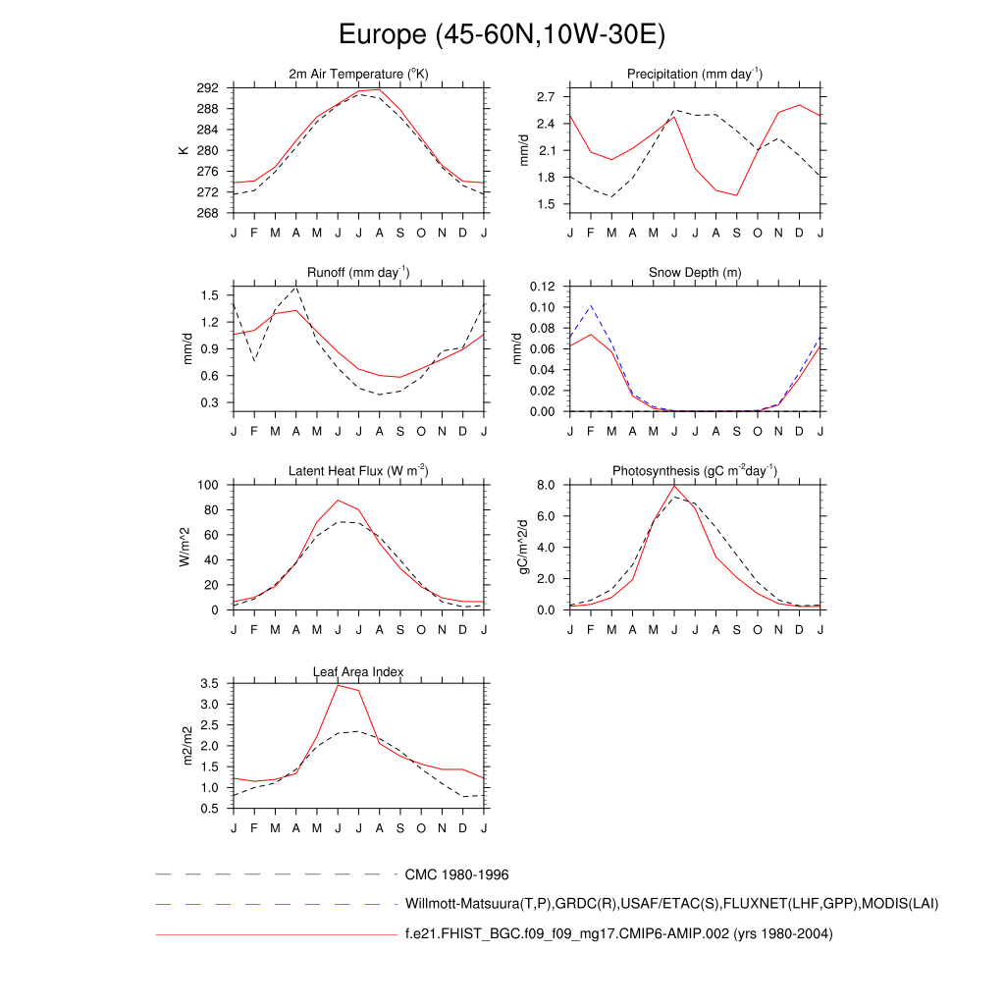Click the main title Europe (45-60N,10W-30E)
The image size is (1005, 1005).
[502, 35]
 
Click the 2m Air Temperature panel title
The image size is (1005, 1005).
[358, 75]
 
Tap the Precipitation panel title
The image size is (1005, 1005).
[695, 75]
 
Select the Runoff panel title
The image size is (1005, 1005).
[358, 273]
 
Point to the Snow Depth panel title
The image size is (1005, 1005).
[695, 273]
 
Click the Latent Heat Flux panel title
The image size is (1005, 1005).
[358, 471]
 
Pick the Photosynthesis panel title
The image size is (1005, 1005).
[695, 471]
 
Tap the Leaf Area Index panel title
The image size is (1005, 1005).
[358, 671]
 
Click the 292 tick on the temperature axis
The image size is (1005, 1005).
[208, 88]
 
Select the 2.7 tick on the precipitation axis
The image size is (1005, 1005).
[546, 97]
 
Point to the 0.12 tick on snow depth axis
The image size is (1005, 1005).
[542, 287]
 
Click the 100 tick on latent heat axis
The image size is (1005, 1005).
[208, 485]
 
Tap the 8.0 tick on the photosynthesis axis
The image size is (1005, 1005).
[546, 485]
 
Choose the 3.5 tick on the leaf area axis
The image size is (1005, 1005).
[208, 683]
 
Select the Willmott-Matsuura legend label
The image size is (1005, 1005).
[671, 903]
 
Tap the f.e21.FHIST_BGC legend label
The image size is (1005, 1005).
[618, 934]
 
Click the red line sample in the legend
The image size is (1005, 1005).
[275, 934]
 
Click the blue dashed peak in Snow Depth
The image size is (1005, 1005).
[591, 305]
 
